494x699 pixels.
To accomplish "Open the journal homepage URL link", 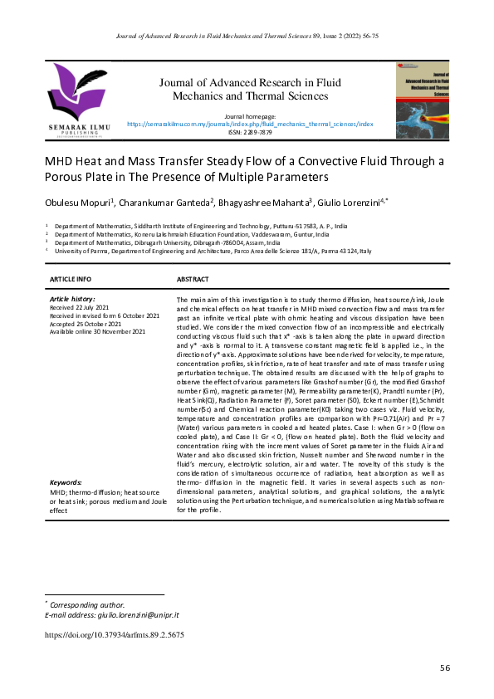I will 250,123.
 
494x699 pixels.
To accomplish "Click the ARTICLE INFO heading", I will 71,279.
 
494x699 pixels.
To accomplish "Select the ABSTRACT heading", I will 193,279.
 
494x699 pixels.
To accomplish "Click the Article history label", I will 73,298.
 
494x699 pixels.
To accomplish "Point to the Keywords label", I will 66,481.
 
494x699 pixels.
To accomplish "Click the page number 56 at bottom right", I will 445,668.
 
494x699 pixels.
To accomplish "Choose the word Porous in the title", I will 66,178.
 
